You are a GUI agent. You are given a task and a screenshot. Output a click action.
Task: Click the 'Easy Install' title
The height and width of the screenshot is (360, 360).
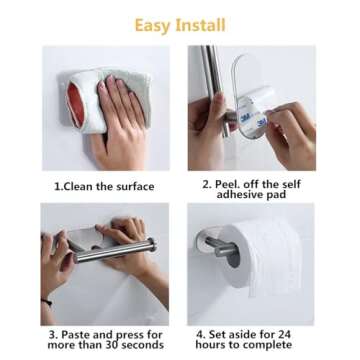(x=179, y=24)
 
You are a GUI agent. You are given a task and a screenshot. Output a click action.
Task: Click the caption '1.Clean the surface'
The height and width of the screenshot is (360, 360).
(x=104, y=186)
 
